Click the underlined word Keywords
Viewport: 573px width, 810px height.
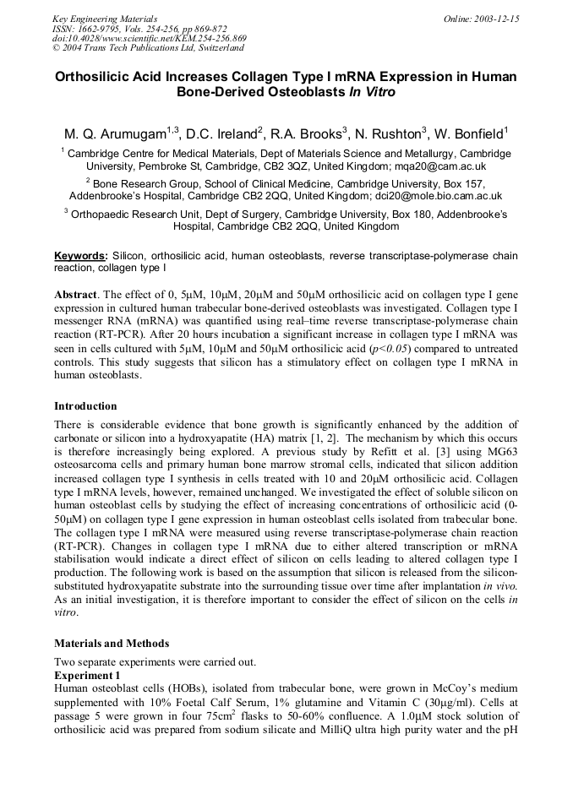tap(80, 256)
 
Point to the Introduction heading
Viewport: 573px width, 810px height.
tap(85, 406)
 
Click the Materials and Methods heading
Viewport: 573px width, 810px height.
tap(112, 644)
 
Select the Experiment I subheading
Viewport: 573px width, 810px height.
tap(87, 676)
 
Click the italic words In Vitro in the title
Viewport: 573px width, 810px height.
tap(371, 91)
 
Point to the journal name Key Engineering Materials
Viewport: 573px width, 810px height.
tap(105, 19)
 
